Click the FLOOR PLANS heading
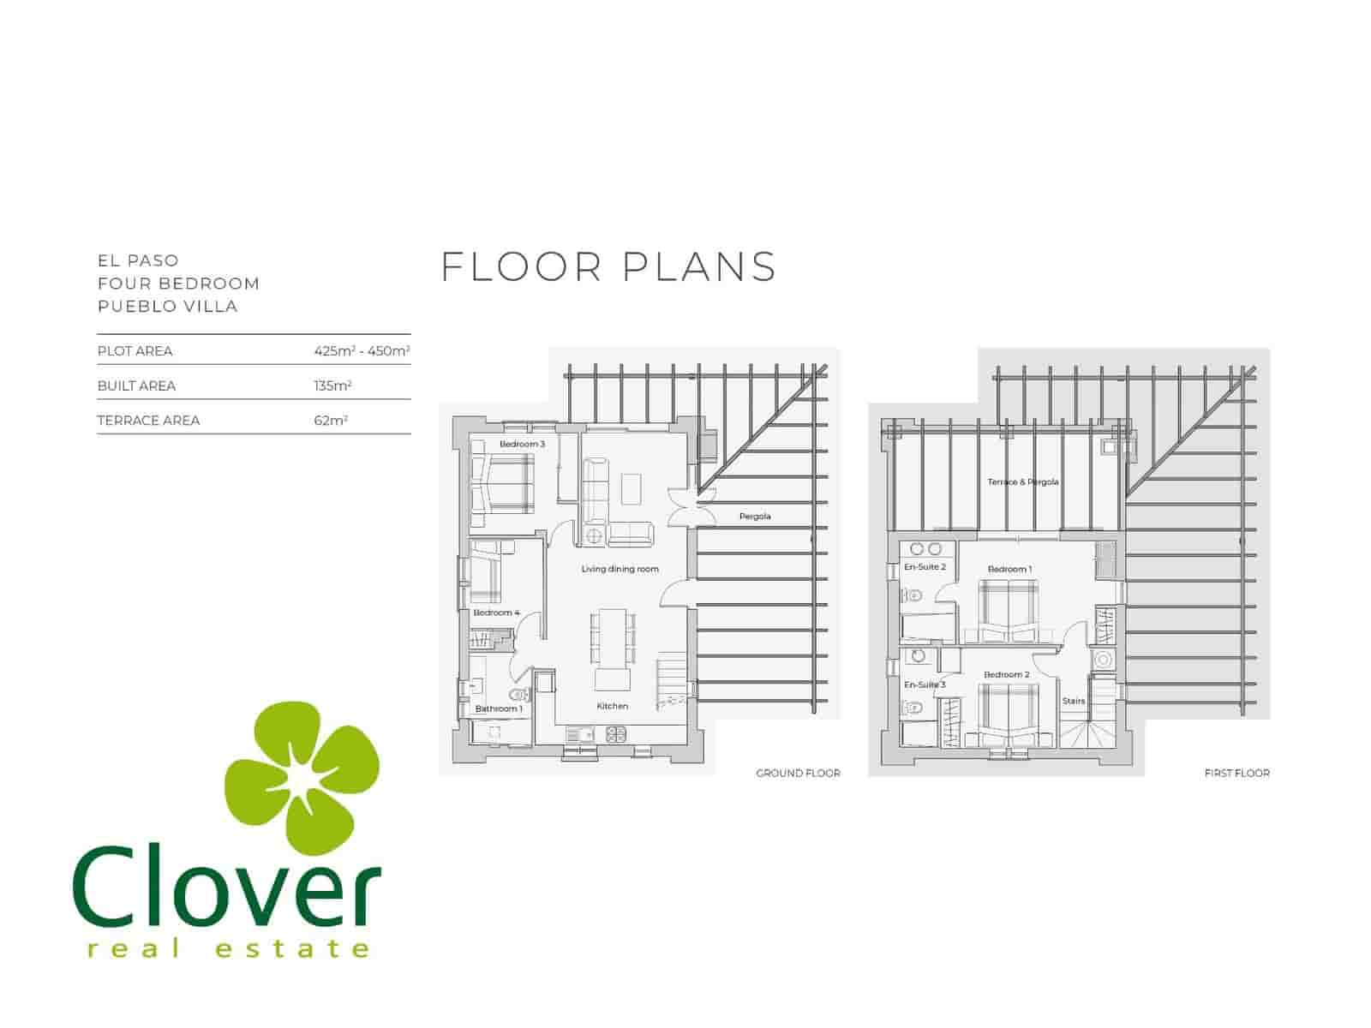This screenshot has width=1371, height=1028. (608, 266)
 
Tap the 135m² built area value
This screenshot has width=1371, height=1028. (332, 385)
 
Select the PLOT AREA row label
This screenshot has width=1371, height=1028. (135, 351)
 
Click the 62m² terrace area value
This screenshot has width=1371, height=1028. (331, 421)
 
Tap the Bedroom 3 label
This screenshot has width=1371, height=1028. (522, 444)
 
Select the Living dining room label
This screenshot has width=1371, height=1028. (620, 569)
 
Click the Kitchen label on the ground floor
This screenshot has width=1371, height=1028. (612, 706)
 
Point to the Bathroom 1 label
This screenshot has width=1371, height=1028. (498, 708)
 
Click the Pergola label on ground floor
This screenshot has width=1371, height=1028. (755, 517)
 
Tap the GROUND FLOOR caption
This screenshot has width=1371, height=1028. (798, 773)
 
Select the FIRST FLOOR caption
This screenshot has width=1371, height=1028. (1236, 773)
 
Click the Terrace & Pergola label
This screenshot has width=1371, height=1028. (1022, 482)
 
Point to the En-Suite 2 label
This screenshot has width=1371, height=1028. (925, 567)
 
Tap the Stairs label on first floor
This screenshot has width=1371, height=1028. (1073, 701)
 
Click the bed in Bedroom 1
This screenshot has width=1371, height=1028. (1009, 610)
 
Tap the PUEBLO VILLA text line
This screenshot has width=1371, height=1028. (167, 307)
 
